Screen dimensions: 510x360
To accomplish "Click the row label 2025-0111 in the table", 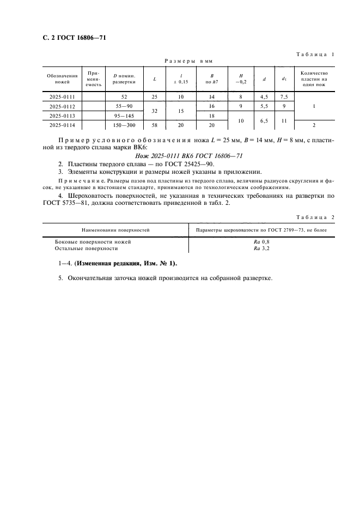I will coord(62,97).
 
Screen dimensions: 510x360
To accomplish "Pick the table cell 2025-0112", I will coord(62,106).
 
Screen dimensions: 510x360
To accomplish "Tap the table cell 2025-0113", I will coord(62,116).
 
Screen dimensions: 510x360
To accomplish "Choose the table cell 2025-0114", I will coord(62,125).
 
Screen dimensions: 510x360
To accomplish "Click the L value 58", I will coord(154,125).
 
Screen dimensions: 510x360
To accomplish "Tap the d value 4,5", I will coord(264,97).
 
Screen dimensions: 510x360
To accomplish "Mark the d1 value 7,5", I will coord(284,97).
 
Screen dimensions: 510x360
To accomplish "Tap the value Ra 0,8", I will coord(261,241).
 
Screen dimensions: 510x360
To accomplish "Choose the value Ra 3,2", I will coord(261,248).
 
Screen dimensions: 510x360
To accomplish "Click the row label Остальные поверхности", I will coord(87,248).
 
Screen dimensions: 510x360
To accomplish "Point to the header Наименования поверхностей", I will coord(115,230).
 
